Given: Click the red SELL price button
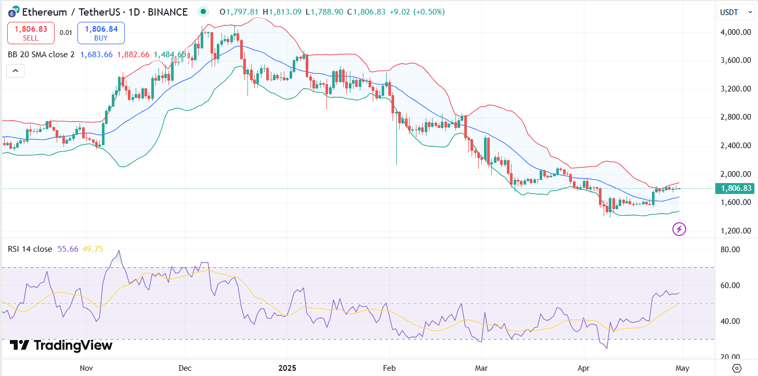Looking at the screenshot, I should coord(31,33).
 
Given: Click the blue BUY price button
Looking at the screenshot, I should coord(101,33).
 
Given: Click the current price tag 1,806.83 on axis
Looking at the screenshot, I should coord(734,188).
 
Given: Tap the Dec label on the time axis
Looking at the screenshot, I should coord(185,368).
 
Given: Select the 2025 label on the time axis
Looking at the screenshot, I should coord(287,368).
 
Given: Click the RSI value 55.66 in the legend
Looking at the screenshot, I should coord(68,249).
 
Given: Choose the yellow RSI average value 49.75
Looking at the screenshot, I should coord(93,249).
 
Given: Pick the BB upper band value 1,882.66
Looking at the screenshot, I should coord(133,55).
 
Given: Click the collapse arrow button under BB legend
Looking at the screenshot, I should coord(16,70).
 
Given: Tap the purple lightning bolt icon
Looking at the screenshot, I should coord(679,229).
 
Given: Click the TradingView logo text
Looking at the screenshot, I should coord(61,345).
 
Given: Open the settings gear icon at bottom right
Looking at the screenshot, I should coord(736,368).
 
